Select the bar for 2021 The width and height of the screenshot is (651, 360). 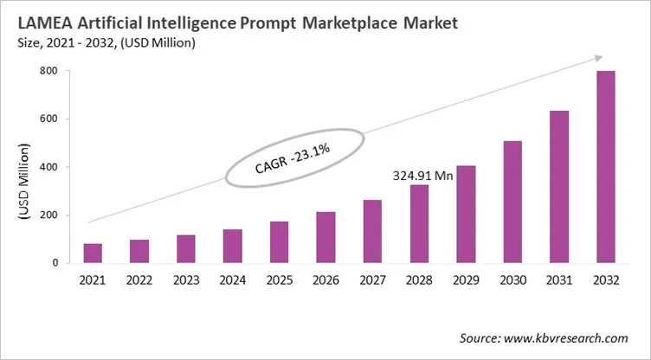(x=93, y=253)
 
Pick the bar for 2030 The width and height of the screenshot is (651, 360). (x=512, y=202)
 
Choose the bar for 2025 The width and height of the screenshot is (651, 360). (x=279, y=241)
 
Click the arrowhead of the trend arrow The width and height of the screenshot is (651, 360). (x=597, y=58)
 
